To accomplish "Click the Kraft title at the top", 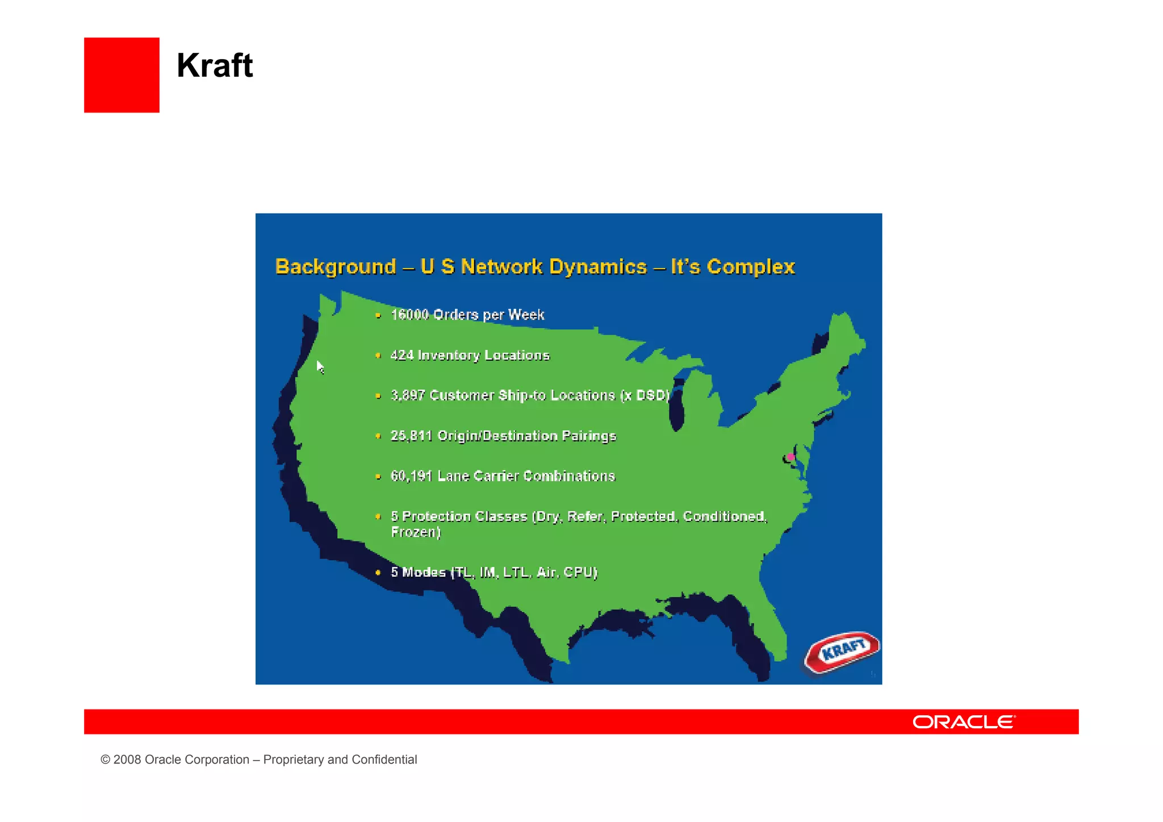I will [x=215, y=65].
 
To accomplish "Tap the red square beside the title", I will [x=122, y=75].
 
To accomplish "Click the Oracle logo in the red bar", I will [x=964, y=722].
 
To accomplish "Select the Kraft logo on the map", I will [x=843, y=651].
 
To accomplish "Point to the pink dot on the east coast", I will [x=790, y=457].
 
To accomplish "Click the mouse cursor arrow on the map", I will [x=320, y=366].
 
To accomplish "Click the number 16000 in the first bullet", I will [x=409, y=315].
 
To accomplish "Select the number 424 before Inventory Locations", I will [x=402, y=356].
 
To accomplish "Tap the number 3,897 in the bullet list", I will [x=407, y=395].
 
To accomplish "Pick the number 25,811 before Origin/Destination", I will [x=411, y=436].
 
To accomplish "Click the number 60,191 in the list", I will [x=411, y=476].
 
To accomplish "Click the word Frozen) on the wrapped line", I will [x=416, y=532].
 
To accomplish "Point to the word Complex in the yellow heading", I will [x=751, y=267].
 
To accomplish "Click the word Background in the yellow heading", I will [x=336, y=267].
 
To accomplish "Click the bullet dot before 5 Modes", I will [x=378, y=573].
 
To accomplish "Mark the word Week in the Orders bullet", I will [x=526, y=315].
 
